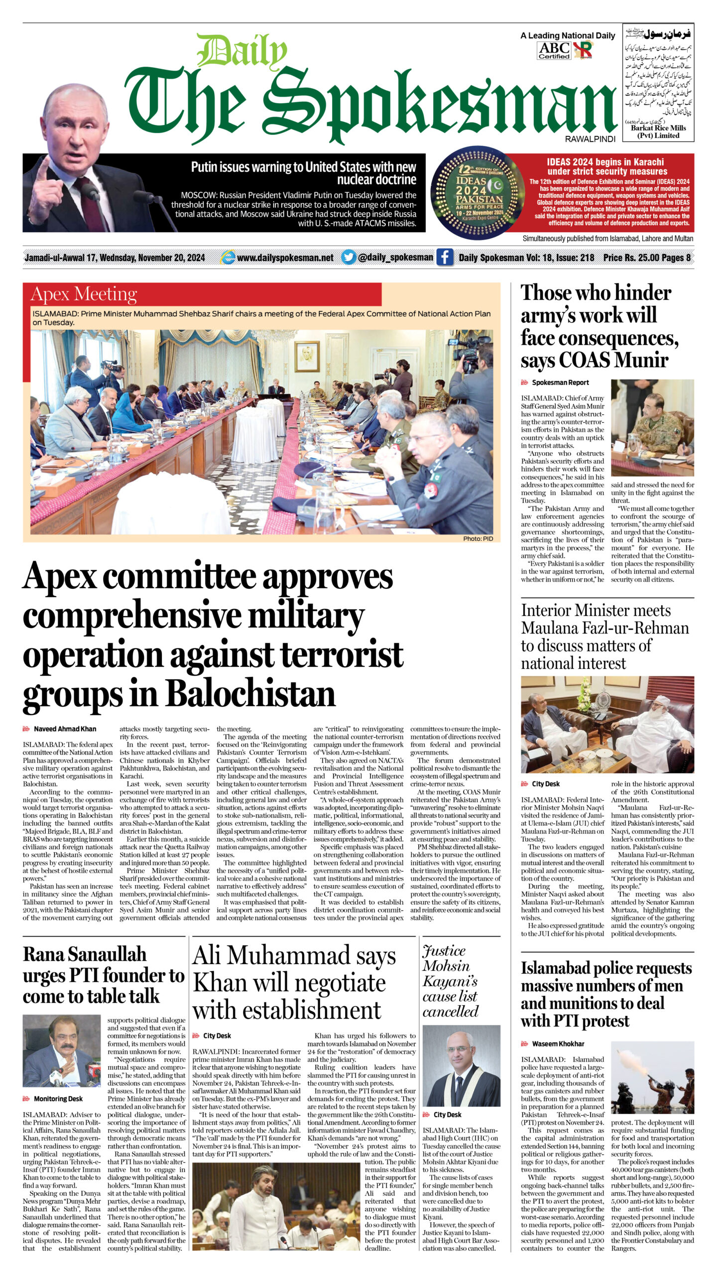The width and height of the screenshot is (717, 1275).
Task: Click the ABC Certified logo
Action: (x=554, y=50)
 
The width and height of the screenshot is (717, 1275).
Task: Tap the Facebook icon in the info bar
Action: (x=445, y=257)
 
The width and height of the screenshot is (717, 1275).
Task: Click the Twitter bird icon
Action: (x=349, y=257)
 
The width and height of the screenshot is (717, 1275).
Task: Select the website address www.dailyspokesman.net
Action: (x=285, y=257)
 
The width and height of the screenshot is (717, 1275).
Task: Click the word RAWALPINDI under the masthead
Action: (x=590, y=139)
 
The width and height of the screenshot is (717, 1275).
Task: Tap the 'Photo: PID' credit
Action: (x=478, y=538)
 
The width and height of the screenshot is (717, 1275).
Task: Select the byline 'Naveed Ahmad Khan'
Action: (x=65, y=729)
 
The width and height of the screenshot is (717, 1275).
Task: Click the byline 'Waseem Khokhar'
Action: (x=558, y=1043)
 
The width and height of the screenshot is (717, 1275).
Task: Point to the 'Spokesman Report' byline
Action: (x=560, y=382)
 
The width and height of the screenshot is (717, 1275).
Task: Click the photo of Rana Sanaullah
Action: (x=62, y=1051)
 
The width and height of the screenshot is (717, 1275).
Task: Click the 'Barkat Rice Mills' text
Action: (x=658, y=128)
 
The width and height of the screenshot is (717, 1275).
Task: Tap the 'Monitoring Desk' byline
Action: (x=58, y=1099)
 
